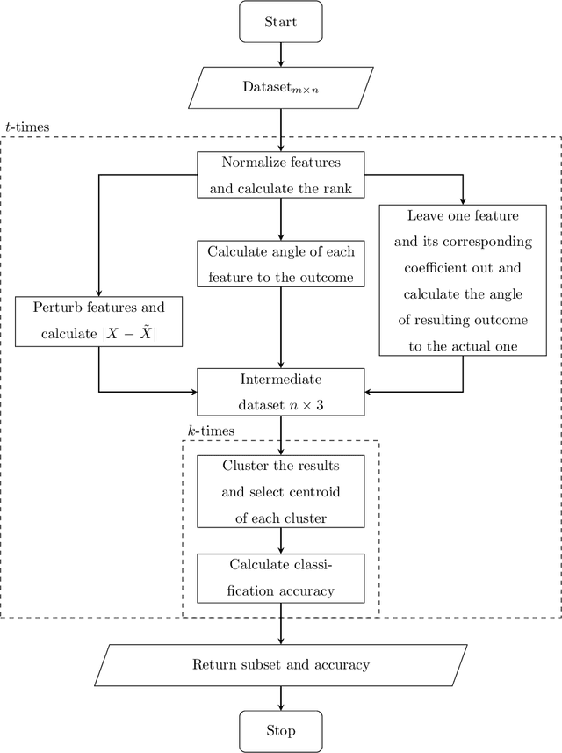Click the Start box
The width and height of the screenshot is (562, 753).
pos(281,21)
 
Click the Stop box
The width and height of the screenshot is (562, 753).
pos(281,730)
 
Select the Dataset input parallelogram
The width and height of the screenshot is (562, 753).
pos(281,87)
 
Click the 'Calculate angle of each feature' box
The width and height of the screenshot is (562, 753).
pos(281,264)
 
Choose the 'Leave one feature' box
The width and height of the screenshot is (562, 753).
pos(463,279)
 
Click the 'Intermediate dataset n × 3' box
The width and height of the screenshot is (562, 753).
pos(281,392)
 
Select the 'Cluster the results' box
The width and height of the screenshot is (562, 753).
pos(281,492)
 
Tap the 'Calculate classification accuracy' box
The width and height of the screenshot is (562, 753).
pos(281,577)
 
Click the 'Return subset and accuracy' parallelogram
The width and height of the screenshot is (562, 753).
pos(281,664)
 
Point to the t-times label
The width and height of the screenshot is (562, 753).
pos(27,127)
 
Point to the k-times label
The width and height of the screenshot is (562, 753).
pos(205,431)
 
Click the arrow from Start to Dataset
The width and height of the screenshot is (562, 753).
pos(281,54)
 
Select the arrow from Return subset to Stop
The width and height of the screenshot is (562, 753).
pos(281,697)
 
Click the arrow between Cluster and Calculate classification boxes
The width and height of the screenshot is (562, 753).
pos(281,540)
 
